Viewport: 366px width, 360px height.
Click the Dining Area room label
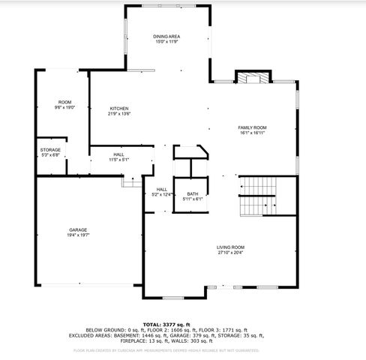point(166,36)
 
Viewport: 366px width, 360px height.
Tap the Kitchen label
point(119,109)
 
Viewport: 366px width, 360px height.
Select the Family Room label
point(252,127)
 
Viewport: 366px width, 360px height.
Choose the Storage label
point(50,150)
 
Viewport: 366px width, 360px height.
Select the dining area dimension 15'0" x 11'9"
point(166,41)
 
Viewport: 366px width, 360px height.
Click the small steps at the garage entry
point(132,181)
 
